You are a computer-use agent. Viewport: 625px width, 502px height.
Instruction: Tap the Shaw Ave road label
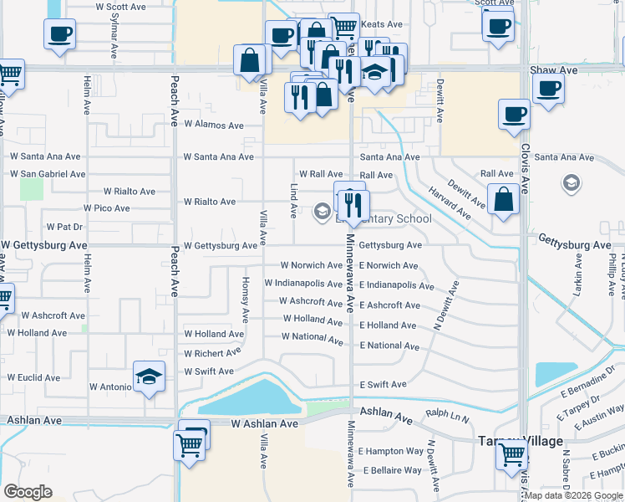[555, 71]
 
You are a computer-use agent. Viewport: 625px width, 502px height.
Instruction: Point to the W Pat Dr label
[64, 227]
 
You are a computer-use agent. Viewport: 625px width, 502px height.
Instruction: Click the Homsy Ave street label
[246, 300]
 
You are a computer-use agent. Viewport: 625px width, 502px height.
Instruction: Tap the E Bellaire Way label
[390, 470]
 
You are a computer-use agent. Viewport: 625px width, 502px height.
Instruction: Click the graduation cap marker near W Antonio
[148, 376]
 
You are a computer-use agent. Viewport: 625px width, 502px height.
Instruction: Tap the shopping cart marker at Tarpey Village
[511, 455]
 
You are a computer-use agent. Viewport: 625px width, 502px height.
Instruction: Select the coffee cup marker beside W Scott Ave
[59, 34]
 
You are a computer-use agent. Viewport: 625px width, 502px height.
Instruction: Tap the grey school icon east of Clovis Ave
[572, 183]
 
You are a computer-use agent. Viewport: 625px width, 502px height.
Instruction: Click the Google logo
[28, 492]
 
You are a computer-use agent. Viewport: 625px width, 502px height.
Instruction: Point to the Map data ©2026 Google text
[573, 495]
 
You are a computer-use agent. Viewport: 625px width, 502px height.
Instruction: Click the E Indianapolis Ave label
[397, 285]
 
